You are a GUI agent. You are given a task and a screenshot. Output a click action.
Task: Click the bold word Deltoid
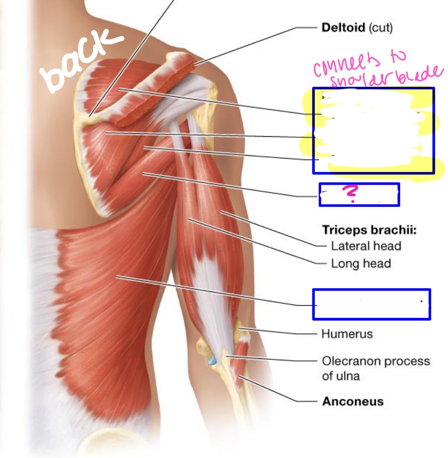coord(343,28)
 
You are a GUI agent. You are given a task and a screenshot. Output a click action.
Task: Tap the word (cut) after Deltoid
coord(381,28)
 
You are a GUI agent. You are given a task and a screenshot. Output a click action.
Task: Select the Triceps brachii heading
coord(369,230)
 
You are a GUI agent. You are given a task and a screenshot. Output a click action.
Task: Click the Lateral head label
coord(366,246)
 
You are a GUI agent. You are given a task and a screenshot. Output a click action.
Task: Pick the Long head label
coord(361,263)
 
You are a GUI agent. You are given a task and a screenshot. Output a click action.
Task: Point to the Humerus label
coord(347,334)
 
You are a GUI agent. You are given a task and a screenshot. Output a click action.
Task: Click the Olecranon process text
coord(376,361)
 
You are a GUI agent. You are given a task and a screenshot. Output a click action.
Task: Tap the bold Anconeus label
coord(353,401)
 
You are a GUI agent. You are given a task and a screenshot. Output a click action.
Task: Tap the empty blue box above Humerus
coord(371,305)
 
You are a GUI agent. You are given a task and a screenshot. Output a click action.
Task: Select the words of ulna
coord(341,376)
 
